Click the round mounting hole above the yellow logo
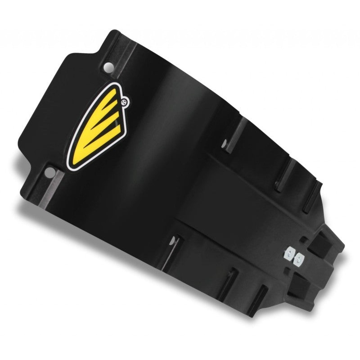pos(108,67)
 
